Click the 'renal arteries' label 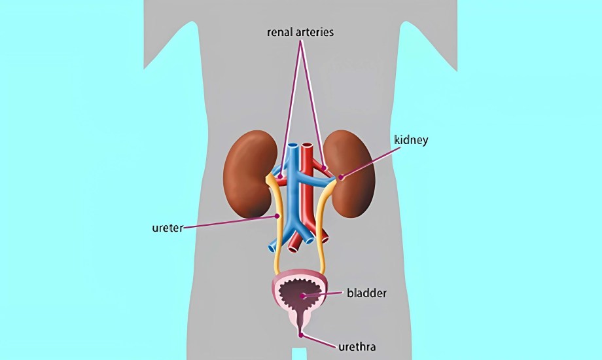click(x=301, y=31)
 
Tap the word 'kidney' click(x=411, y=140)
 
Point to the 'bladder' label click(x=366, y=293)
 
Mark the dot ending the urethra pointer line click(x=301, y=335)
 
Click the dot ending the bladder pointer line click(x=302, y=296)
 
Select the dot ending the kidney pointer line click(x=340, y=177)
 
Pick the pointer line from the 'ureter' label click(x=229, y=222)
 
